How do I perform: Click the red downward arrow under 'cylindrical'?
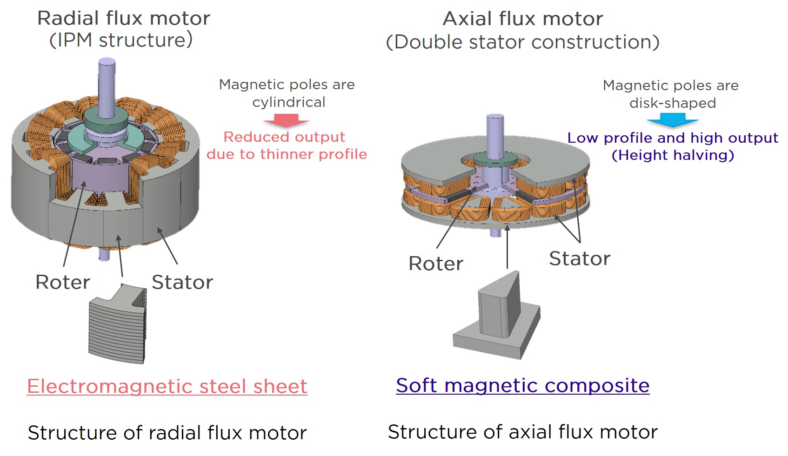click(x=287, y=120)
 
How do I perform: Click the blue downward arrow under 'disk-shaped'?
click(x=672, y=120)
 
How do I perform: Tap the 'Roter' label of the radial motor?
click(x=63, y=282)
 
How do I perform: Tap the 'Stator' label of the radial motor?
click(x=182, y=282)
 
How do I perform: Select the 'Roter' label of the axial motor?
click(x=436, y=264)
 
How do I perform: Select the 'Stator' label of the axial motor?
click(x=580, y=258)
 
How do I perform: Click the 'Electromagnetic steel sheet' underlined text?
click(x=167, y=386)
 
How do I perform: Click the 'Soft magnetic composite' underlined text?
click(x=522, y=385)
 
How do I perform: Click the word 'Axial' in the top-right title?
click(x=467, y=19)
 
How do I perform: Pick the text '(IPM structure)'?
click(x=121, y=40)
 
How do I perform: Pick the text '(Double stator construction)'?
click(x=522, y=42)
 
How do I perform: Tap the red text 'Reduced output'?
click(x=284, y=137)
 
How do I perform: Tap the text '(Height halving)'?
click(x=673, y=155)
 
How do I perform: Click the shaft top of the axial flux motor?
click(x=495, y=117)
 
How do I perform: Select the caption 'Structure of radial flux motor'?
click(x=167, y=433)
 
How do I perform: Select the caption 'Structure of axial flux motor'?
click(x=522, y=432)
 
